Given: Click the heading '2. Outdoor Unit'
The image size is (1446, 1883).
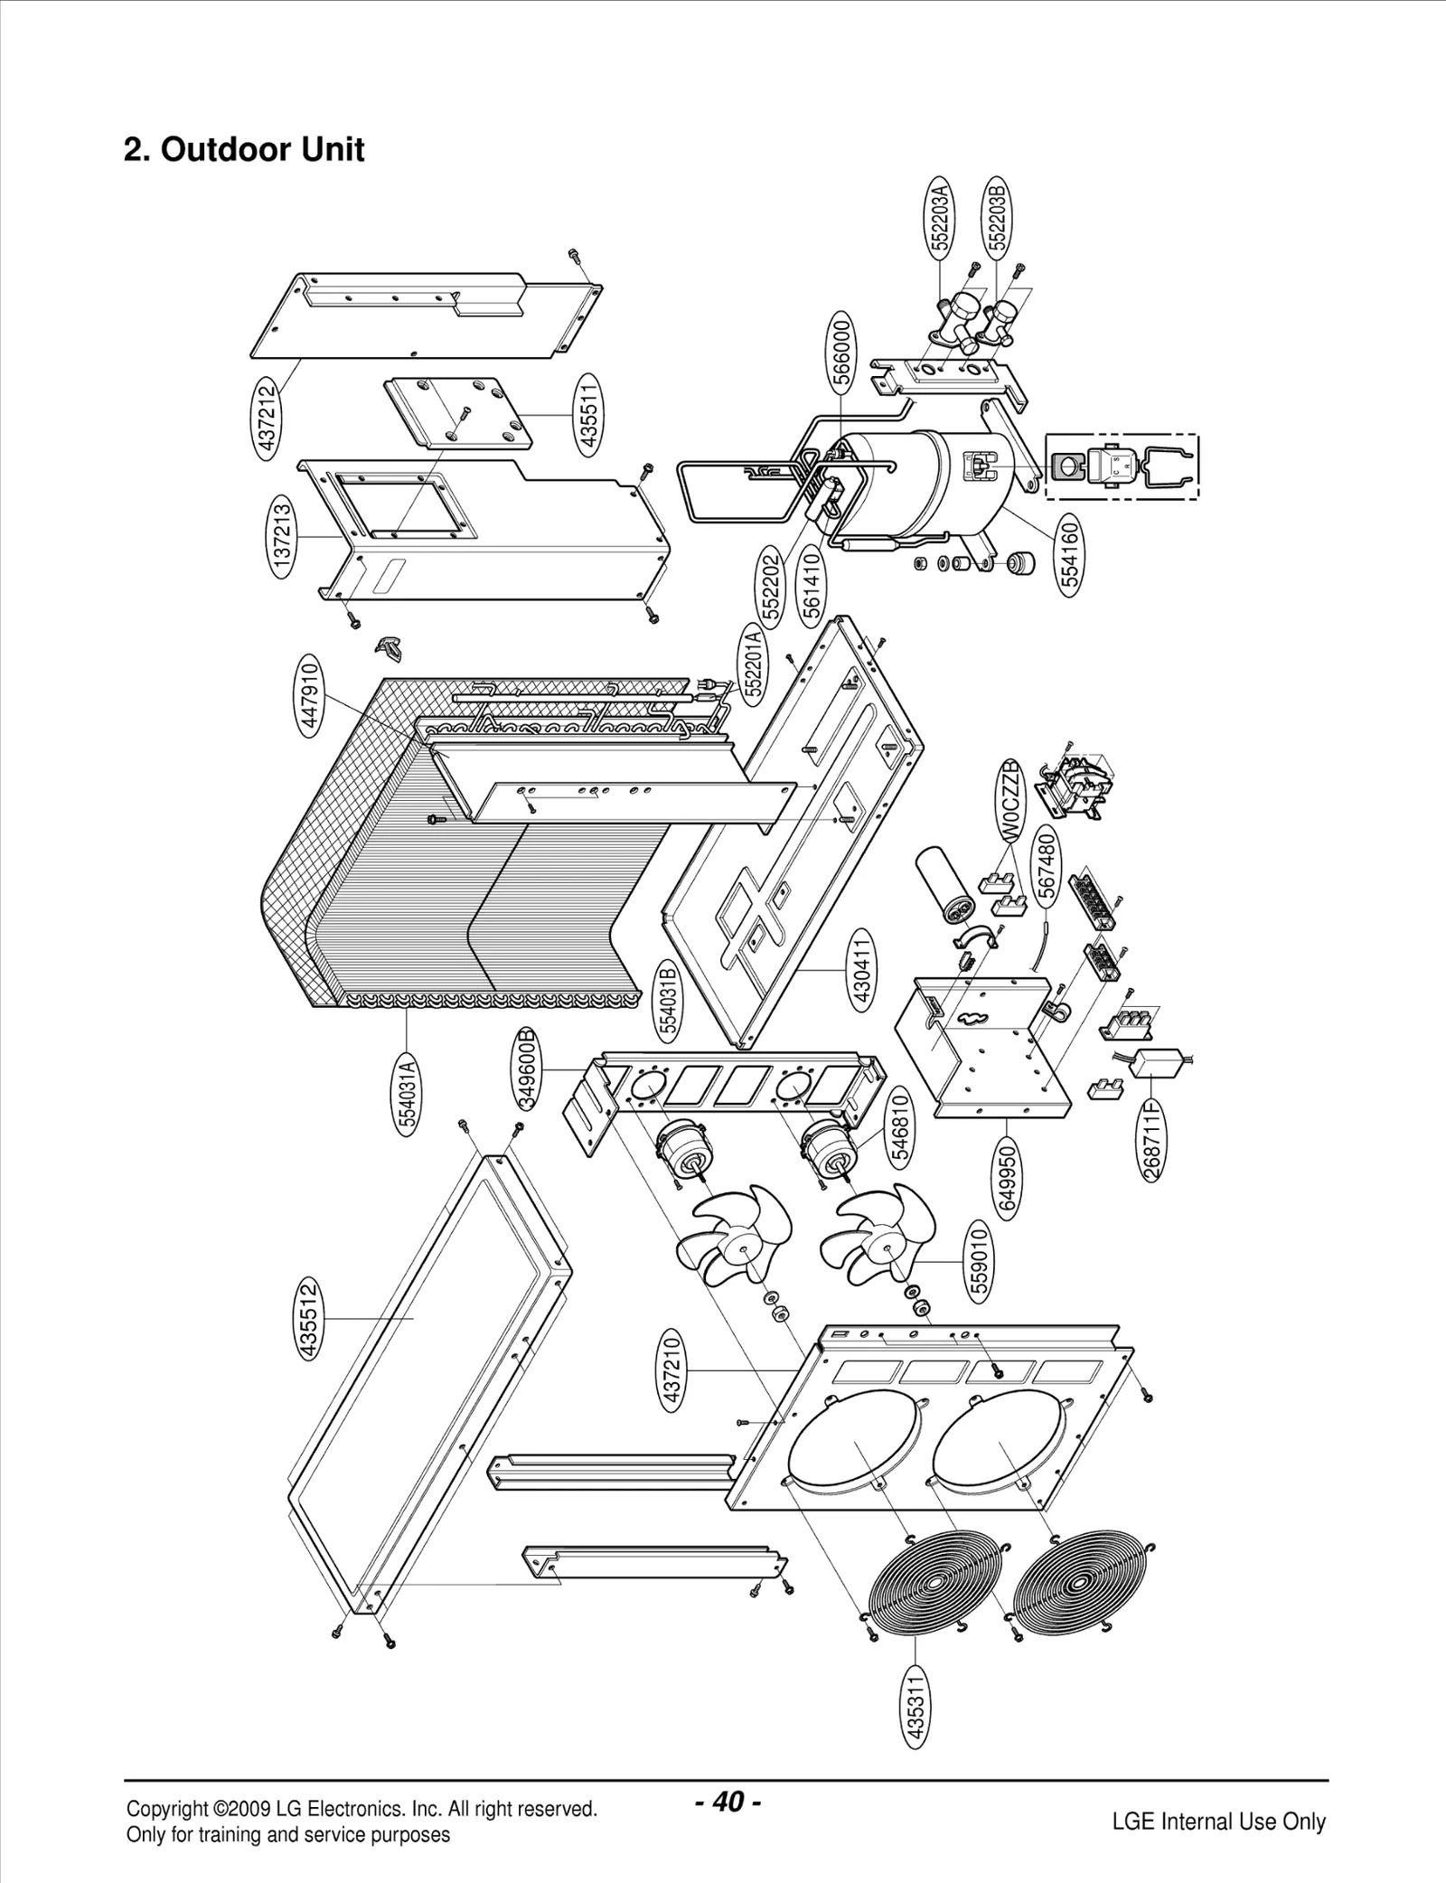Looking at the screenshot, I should [244, 149].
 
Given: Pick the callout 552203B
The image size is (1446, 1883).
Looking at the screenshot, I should [996, 217].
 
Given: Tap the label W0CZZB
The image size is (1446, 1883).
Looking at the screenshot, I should [1011, 800].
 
